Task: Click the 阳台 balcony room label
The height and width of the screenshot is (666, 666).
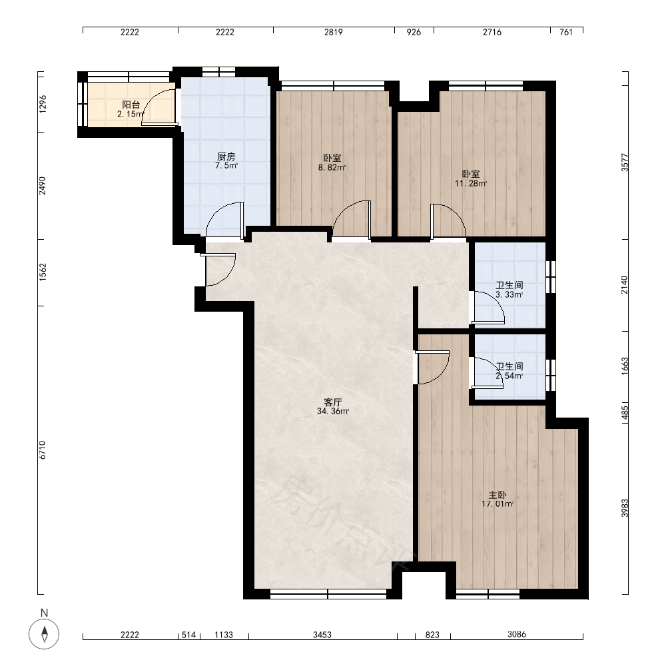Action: pyautogui.click(x=131, y=105)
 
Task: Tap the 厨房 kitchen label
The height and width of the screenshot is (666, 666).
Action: pyautogui.click(x=226, y=157)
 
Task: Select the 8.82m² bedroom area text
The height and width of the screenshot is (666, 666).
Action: pyautogui.click(x=332, y=167)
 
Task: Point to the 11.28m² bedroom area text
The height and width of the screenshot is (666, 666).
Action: pyautogui.click(x=471, y=184)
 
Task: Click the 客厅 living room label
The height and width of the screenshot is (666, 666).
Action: pyautogui.click(x=333, y=402)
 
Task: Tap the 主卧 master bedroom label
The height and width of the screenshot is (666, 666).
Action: pyautogui.click(x=498, y=495)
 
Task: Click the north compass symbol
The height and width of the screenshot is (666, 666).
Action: pyautogui.click(x=44, y=634)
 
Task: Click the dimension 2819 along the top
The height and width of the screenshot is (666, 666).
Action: pyautogui.click(x=334, y=32)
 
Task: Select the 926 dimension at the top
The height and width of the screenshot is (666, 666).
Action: pyautogui.click(x=414, y=32)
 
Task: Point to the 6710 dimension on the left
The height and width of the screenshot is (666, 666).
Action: pyautogui.click(x=43, y=450)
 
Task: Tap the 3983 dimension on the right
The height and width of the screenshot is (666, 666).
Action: pyautogui.click(x=625, y=508)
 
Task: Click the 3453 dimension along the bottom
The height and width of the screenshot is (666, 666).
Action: pyautogui.click(x=322, y=635)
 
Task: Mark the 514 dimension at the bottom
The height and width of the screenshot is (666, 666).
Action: pyautogui.click(x=188, y=635)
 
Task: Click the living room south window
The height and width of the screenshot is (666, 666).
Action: pyautogui.click(x=328, y=594)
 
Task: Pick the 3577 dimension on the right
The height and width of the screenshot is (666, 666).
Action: pyautogui.click(x=625, y=163)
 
